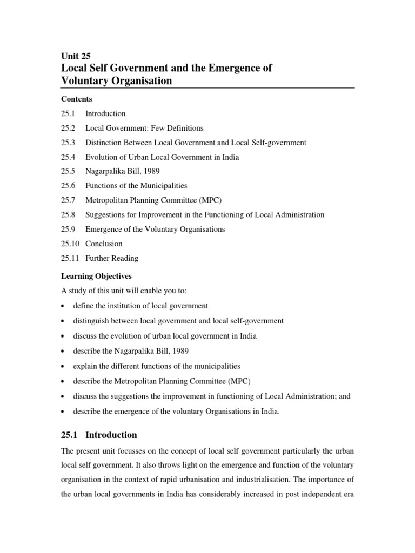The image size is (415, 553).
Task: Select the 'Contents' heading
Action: click(x=76, y=99)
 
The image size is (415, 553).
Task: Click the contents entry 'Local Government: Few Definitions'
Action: click(x=144, y=129)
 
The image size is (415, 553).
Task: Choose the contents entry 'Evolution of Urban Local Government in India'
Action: click(x=162, y=157)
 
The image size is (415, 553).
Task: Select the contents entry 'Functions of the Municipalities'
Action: click(x=136, y=186)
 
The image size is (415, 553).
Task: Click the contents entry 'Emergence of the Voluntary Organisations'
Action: click(x=155, y=229)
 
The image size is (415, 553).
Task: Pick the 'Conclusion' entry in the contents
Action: click(x=104, y=244)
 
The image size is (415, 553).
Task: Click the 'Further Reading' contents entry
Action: click(x=112, y=258)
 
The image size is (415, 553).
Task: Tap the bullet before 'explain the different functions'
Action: click(x=63, y=367)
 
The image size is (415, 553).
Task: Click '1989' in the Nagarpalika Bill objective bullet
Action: click(x=179, y=351)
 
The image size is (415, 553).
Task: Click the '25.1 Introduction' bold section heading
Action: click(x=99, y=435)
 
